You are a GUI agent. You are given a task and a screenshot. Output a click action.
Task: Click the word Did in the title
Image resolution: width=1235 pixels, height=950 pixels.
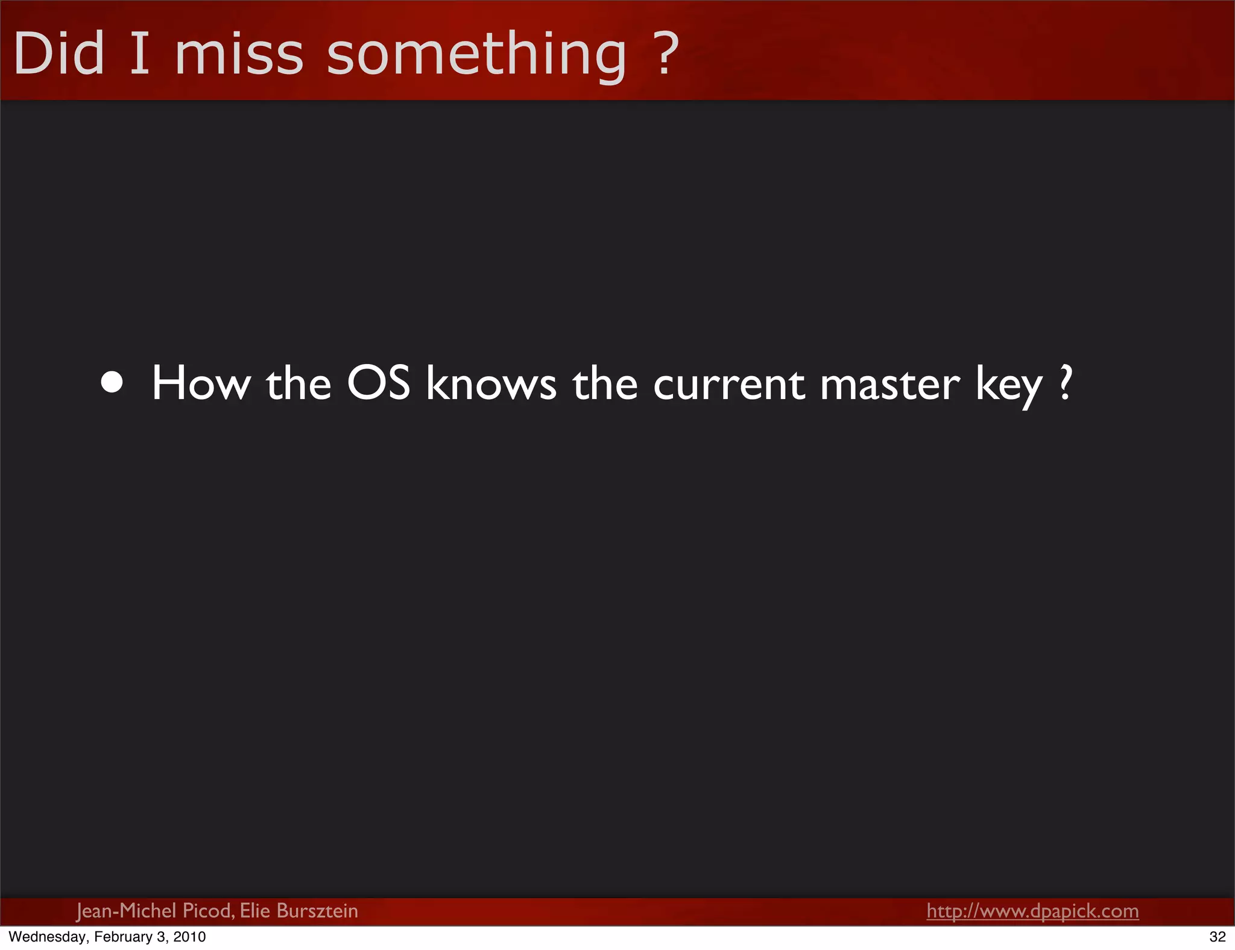(x=58, y=54)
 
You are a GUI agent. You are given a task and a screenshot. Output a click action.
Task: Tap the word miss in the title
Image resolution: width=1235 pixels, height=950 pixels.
(x=239, y=54)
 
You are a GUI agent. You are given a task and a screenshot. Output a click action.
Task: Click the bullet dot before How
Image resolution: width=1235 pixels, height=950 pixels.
(x=112, y=382)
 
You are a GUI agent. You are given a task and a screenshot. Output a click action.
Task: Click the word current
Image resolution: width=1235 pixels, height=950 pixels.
(x=728, y=384)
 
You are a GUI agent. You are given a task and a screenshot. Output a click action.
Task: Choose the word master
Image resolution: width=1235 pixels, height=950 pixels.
(x=889, y=384)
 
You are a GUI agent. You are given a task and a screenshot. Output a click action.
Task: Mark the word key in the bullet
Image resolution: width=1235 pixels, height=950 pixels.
(x=1009, y=386)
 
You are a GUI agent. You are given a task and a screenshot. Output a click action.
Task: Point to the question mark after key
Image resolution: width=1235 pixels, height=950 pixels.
(x=1066, y=383)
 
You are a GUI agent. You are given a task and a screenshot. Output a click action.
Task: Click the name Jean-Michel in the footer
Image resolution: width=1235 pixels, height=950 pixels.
(x=126, y=911)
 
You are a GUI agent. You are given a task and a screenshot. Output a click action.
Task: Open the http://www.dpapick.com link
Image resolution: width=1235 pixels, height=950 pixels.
(x=1032, y=911)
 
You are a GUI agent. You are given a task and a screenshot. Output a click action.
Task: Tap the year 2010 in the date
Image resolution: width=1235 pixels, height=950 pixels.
(x=189, y=937)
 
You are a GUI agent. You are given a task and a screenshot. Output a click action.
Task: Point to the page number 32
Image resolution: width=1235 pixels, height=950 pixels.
(x=1218, y=937)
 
